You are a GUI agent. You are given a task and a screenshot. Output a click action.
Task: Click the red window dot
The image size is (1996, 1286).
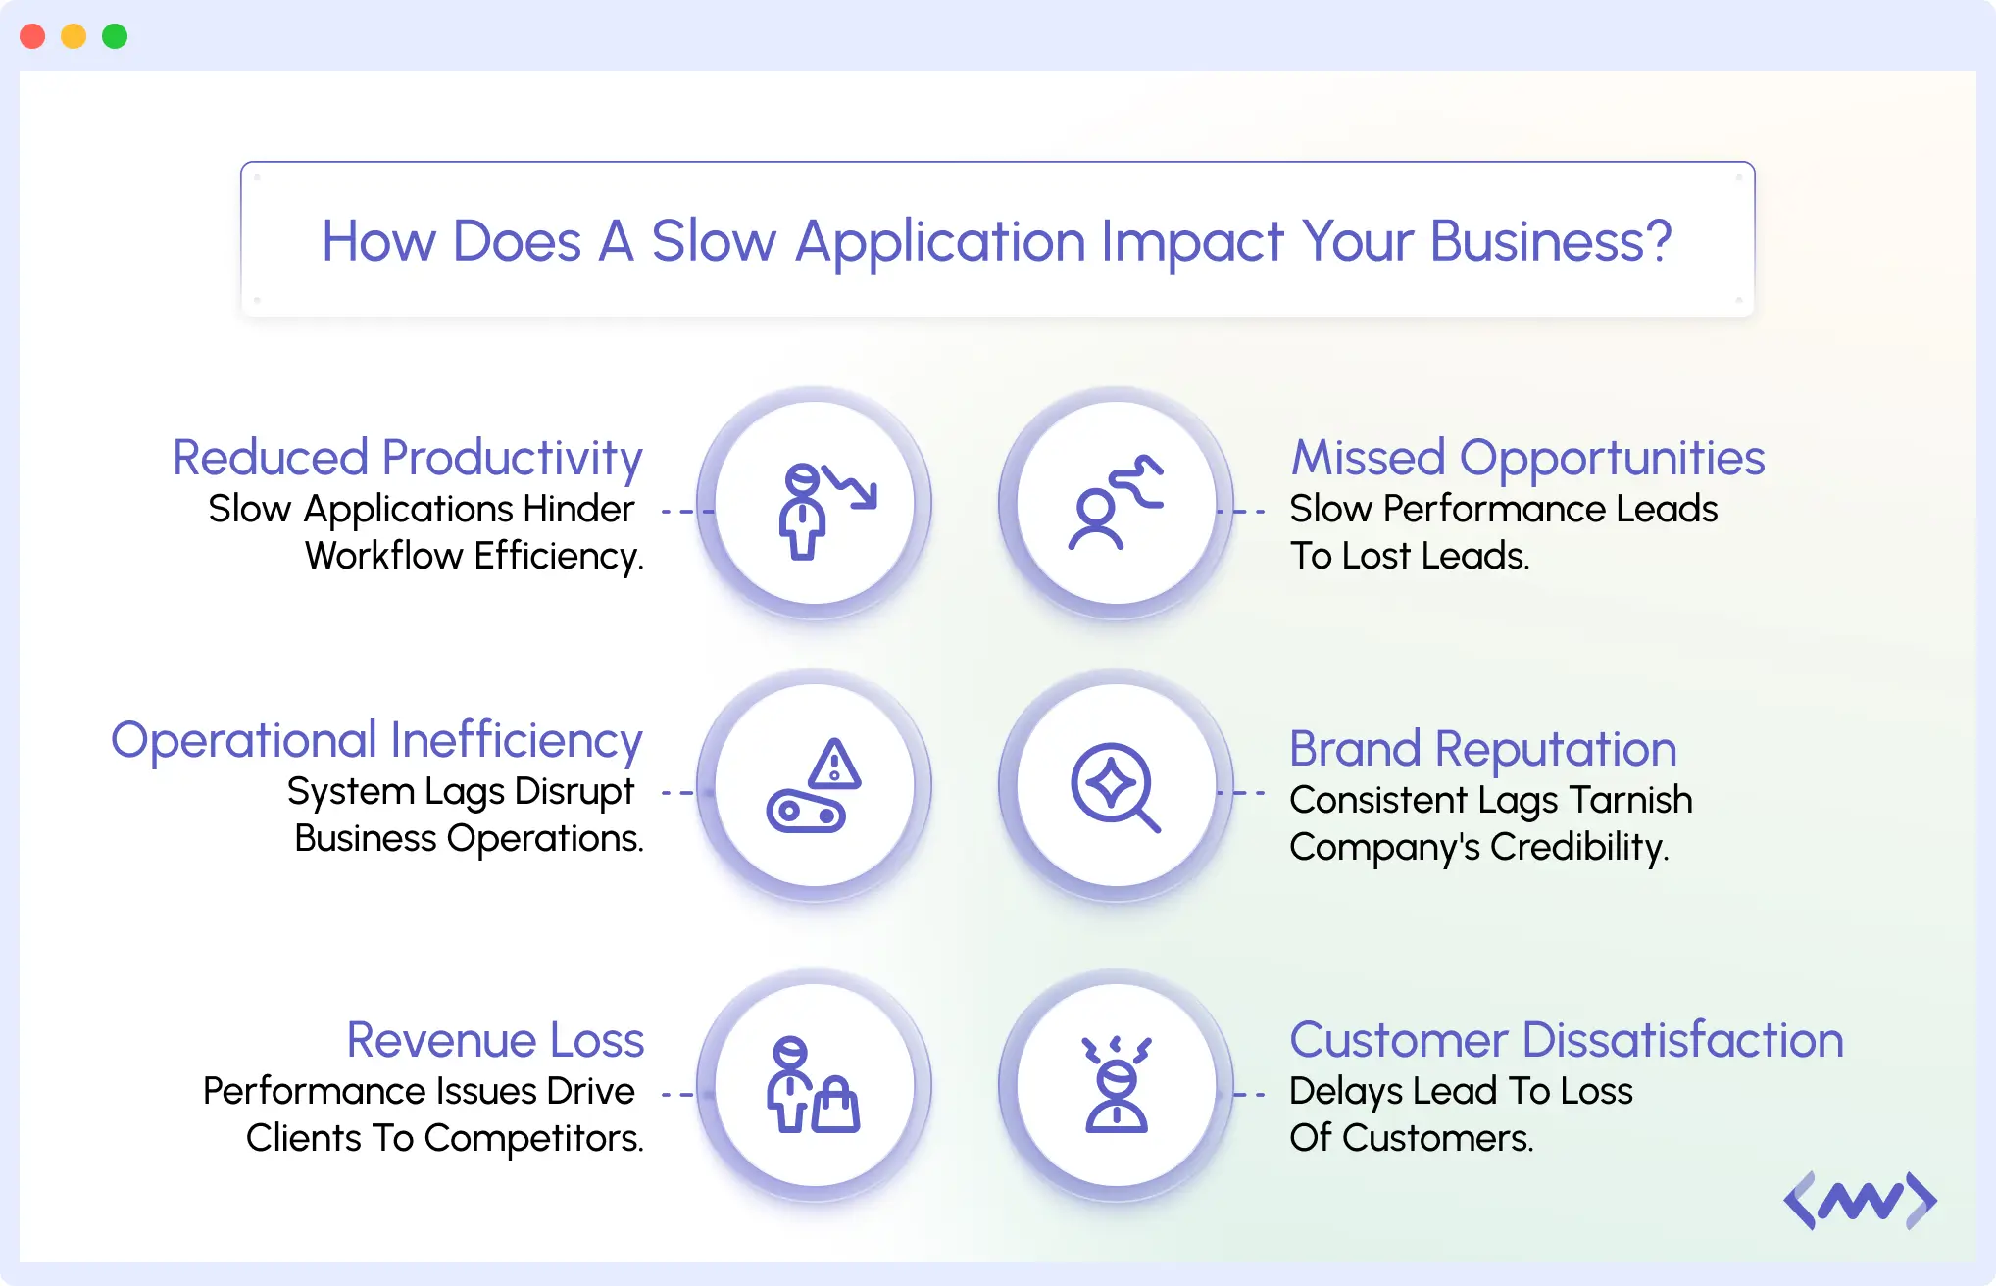[x=32, y=36]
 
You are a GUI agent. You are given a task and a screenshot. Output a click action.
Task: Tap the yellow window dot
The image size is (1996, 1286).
[x=74, y=36]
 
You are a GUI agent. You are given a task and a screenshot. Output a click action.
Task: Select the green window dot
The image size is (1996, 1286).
[x=115, y=36]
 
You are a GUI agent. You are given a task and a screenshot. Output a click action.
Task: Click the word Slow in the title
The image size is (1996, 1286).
[x=713, y=241]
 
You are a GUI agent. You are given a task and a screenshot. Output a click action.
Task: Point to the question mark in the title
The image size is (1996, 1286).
[x=1658, y=241]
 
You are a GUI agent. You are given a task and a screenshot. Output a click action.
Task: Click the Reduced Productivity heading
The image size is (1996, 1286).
[x=407, y=458]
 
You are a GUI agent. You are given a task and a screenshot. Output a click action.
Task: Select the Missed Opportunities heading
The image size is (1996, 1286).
[x=1527, y=458]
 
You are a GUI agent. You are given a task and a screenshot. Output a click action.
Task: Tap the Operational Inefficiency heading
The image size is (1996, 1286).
[x=376, y=740]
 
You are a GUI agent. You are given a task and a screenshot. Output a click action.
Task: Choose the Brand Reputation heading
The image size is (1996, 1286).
[x=1482, y=749]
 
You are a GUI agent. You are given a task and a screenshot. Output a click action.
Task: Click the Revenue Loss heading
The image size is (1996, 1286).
[x=495, y=1040]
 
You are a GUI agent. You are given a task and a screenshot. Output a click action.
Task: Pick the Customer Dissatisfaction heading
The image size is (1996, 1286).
[x=1566, y=1040]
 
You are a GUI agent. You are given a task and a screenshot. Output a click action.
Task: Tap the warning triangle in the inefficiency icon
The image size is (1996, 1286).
[x=835, y=765]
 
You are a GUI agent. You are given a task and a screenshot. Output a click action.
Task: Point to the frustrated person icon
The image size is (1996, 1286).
[x=1116, y=1085]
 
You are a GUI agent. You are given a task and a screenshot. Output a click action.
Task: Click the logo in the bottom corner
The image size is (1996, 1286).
[x=1860, y=1201]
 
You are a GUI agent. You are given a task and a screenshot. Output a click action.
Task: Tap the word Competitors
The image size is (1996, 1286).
[x=533, y=1138]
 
